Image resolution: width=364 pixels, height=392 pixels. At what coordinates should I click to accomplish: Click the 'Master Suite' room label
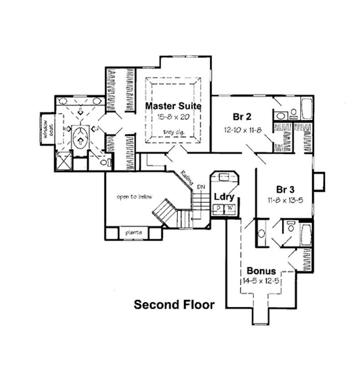[x=173, y=106]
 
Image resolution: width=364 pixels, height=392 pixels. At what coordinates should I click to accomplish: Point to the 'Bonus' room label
[x=261, y=270]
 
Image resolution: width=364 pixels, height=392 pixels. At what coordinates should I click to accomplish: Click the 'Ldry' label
[x=224, y=197]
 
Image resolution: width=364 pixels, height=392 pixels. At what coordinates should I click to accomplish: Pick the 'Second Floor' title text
[x=174, y=305]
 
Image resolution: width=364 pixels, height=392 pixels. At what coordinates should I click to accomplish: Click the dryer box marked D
[x=219, y=209]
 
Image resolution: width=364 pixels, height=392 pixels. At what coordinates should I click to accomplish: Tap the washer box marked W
[x=230, y=209]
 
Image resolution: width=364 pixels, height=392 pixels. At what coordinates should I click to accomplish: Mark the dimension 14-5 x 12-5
[x=261, y=281]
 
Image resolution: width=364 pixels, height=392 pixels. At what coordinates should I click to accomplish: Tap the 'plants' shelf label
[x=134, y=233]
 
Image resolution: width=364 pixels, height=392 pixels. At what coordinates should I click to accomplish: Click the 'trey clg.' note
[x=173, y=132]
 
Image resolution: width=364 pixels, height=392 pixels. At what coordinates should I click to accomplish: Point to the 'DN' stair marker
[x=201, y=187]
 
